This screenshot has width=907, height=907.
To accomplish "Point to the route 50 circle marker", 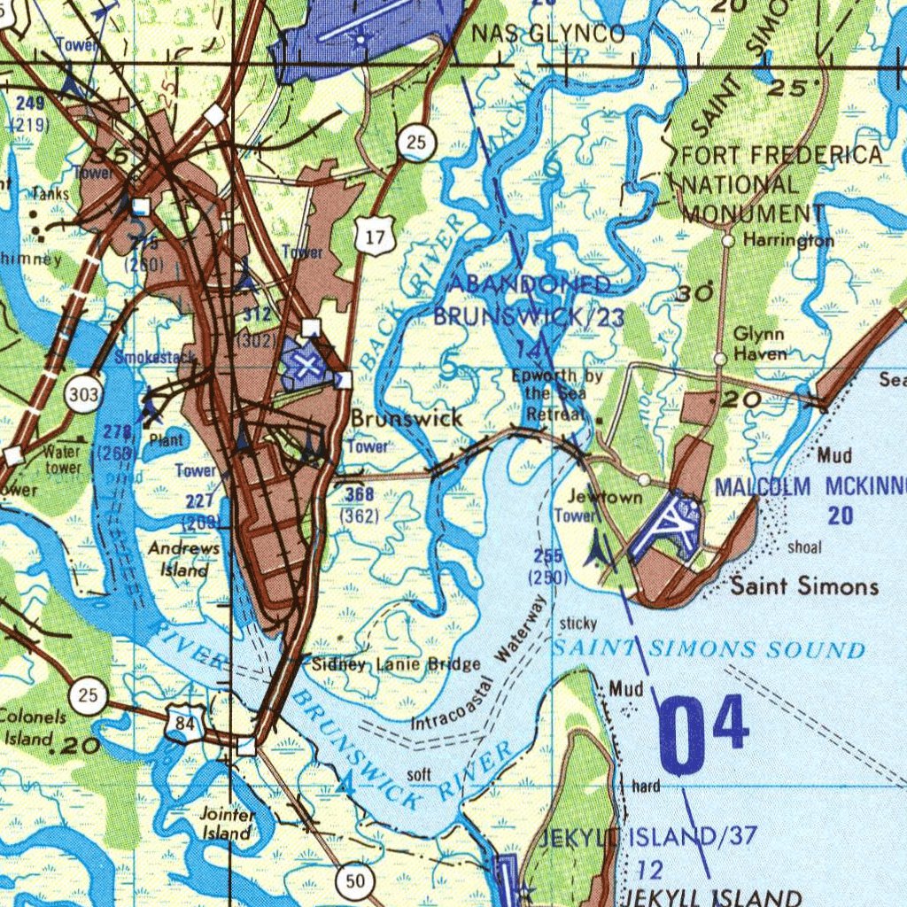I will point(355,880).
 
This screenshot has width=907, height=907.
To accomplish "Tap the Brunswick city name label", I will point(407,418).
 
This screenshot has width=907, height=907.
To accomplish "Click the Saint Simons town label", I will point(804,585).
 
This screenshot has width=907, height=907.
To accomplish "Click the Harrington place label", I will point(788,241).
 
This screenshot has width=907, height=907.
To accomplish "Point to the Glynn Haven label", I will point(760,345).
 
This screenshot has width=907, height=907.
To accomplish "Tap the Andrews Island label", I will point(183,559).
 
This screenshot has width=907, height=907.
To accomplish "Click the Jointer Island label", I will point(227,825).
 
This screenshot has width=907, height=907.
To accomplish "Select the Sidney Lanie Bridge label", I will point(396,664).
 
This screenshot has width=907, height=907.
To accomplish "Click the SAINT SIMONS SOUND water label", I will point(709,649).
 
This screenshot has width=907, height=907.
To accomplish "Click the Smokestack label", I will point(156,358).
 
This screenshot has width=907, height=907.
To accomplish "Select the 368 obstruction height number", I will point(360,494).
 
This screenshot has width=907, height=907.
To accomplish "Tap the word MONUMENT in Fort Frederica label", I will point(753,213).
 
